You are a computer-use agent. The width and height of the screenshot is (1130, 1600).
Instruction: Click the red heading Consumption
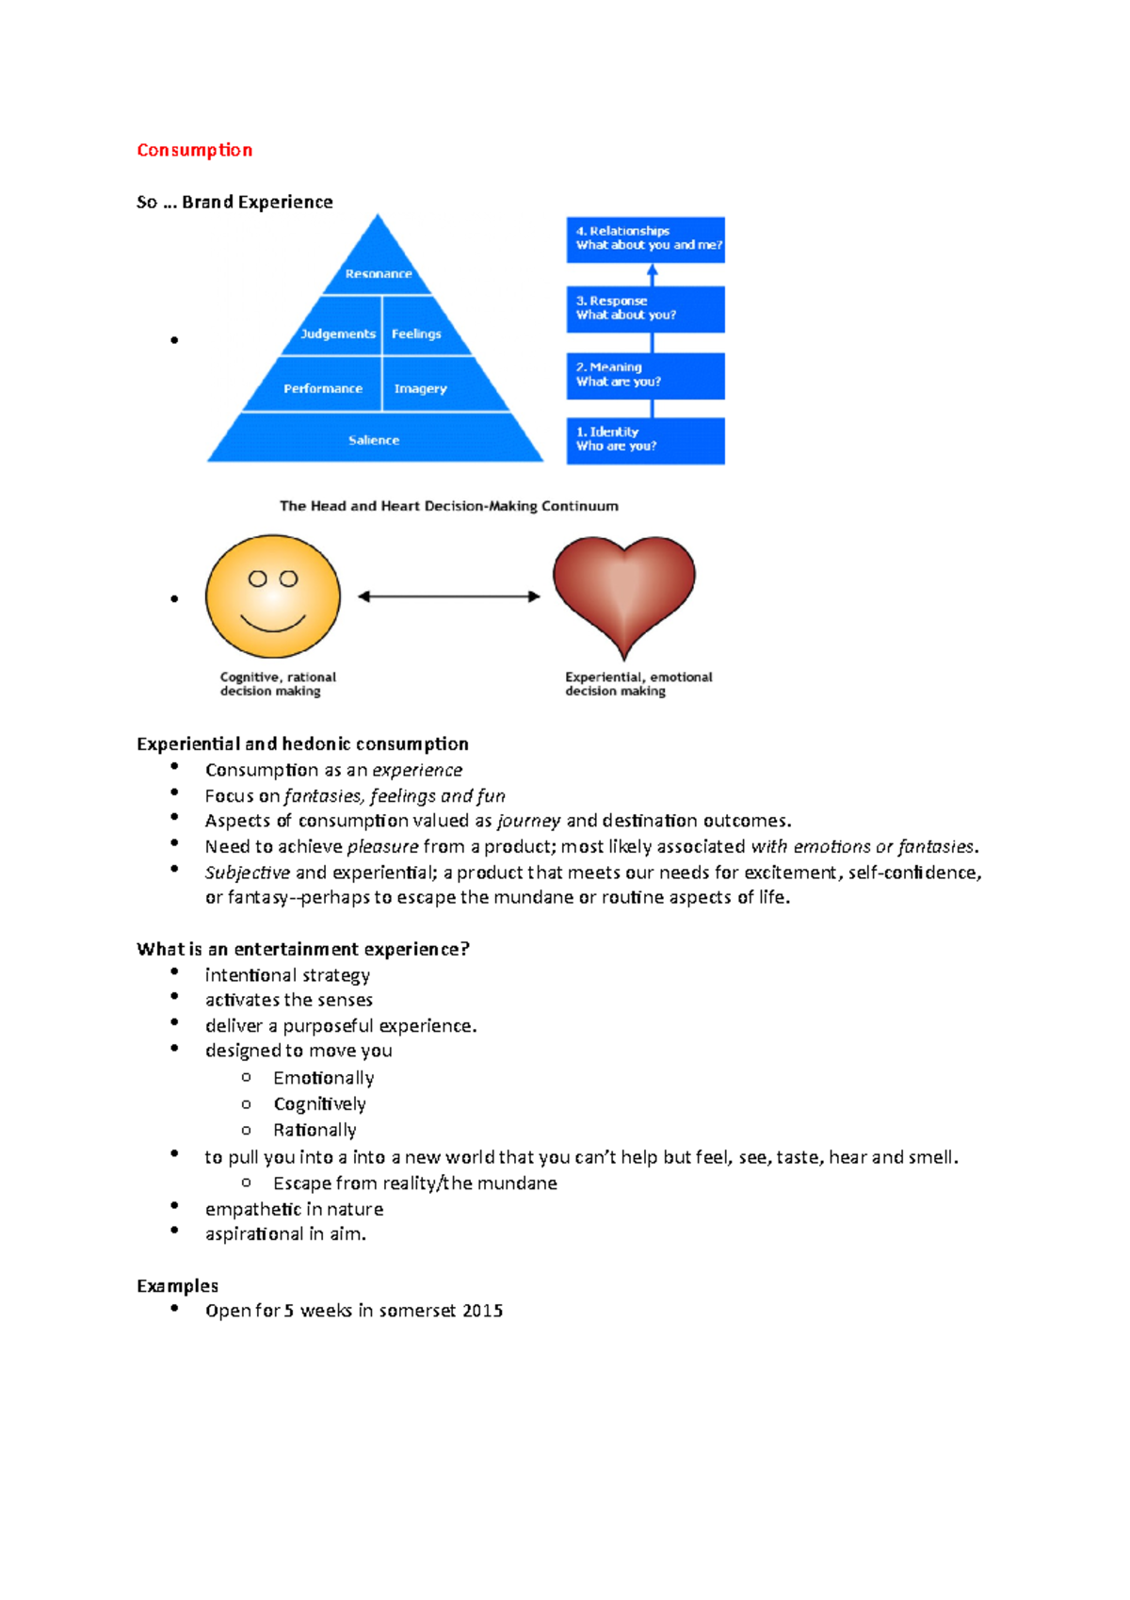[x=194, y=150]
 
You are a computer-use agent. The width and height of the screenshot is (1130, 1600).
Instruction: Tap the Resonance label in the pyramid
[x=378, y=273]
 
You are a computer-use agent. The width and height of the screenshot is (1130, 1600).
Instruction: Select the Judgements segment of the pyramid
[x=337, y=334]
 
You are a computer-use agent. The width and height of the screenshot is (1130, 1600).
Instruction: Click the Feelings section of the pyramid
[x=416, y=334]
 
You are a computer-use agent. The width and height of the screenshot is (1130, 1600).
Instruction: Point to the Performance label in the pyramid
[x=322, y=388]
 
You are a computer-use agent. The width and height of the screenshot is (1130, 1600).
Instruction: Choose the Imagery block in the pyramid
[x=420, y=388]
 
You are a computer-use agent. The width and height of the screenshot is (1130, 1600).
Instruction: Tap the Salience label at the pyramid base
[x=374, y=440]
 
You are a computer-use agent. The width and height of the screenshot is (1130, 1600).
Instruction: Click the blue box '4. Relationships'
[x=646, y=238]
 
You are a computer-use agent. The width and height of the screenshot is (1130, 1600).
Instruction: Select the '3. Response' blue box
[x=646, y=308]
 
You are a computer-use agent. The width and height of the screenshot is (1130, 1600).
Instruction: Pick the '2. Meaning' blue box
[x=646, y=375]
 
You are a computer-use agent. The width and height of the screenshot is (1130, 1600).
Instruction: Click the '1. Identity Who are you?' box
[x=646, y=440]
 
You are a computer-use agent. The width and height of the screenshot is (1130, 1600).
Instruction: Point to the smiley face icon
[x=273, y=596]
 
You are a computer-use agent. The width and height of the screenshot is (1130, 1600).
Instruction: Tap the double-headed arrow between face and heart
[x=449, y=596]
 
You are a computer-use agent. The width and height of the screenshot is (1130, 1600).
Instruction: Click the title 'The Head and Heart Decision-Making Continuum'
[x=449, y=506]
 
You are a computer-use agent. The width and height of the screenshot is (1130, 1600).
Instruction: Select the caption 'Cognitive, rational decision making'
[x=277, y=684]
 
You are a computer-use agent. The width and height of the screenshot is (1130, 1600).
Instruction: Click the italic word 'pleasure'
[x=382, y=847]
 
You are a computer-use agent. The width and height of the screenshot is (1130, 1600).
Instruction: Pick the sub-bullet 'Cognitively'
[x=319, y=1104]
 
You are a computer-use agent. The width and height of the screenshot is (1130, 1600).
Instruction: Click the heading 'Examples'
[x=177, y=1286]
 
